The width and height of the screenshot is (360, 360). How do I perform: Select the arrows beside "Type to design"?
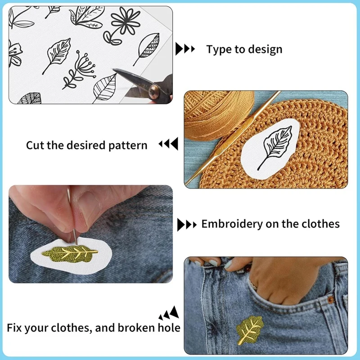tap(185, 49)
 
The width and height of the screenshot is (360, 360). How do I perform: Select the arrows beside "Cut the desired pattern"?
tap(168, 144)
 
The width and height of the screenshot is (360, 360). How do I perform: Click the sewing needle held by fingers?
tap(72, 216)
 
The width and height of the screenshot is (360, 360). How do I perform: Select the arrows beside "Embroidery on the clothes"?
tap(187, 224)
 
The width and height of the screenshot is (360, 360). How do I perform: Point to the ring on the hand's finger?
tap(255, 284)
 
